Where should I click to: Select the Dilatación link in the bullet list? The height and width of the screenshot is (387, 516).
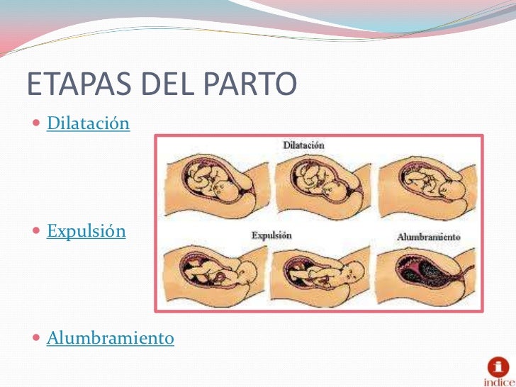point(88,124)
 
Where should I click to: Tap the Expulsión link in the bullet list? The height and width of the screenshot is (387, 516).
point(86,231)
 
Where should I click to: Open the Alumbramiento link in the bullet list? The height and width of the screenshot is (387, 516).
point(110,338)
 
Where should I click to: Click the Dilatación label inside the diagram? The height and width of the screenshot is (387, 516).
point(303,145)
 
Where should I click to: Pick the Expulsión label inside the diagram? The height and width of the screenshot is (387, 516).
point(271,235)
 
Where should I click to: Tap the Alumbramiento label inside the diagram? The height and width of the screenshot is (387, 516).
point(428,236)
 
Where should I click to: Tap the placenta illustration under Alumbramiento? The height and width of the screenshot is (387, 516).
point(425,274)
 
